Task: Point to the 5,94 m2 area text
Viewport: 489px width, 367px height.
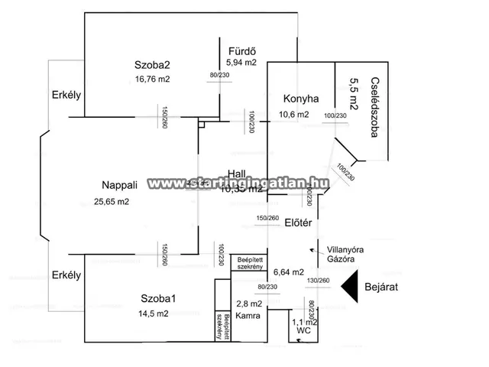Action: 241,62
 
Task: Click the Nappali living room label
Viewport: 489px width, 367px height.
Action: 119,185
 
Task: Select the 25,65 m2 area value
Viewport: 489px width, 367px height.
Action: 112,202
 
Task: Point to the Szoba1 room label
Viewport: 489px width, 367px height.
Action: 158,297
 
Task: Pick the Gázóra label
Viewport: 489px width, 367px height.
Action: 343,259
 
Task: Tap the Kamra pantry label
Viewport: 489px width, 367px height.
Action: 247,315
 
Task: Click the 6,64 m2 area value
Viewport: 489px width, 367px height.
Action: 290,271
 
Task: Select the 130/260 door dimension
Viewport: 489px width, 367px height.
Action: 318,281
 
